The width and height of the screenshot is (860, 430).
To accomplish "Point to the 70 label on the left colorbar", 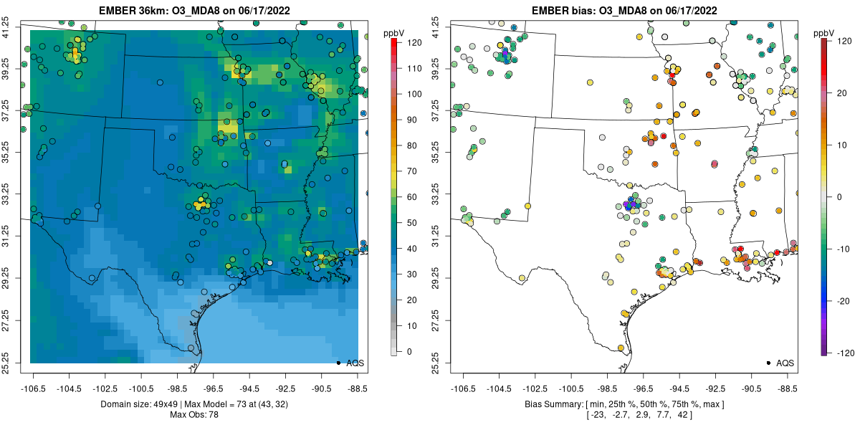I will pyautogui.click(x=412, y=171).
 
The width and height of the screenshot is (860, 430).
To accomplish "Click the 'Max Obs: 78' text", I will pyautogui.click(x=193, y=415).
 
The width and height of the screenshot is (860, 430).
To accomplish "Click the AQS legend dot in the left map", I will pyautogui.click(x=338, y=363).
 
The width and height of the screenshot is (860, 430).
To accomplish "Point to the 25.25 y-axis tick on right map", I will pyautogui.click(x=445, y=361).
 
